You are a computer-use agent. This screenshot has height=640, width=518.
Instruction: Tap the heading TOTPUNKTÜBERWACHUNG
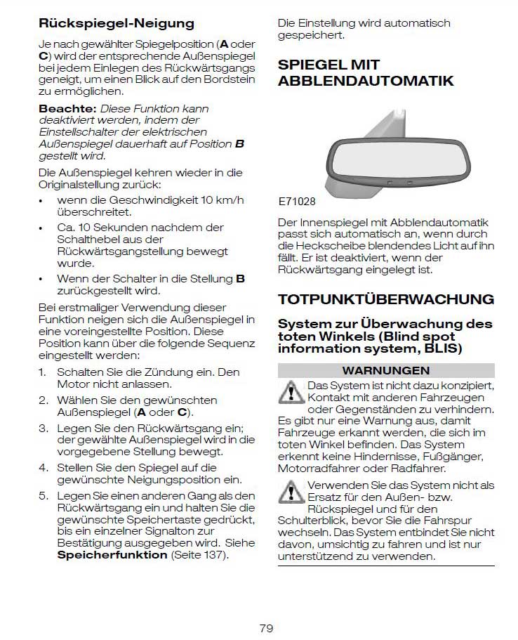tap(386, 299)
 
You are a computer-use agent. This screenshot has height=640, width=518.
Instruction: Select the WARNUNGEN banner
tap(385, 370)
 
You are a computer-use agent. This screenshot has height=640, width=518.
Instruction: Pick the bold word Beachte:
tap(67, 109)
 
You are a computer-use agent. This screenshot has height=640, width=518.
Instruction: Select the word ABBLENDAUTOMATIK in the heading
tap(366, 81)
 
